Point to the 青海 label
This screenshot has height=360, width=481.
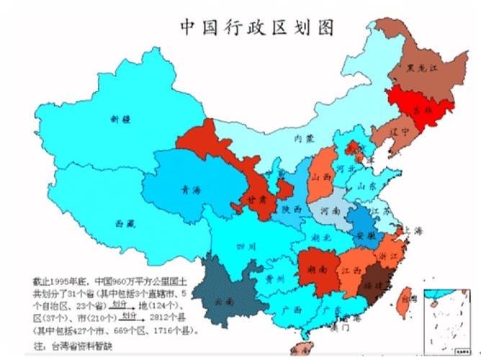(192, 190)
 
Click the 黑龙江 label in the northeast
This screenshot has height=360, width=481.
(419, 70)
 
